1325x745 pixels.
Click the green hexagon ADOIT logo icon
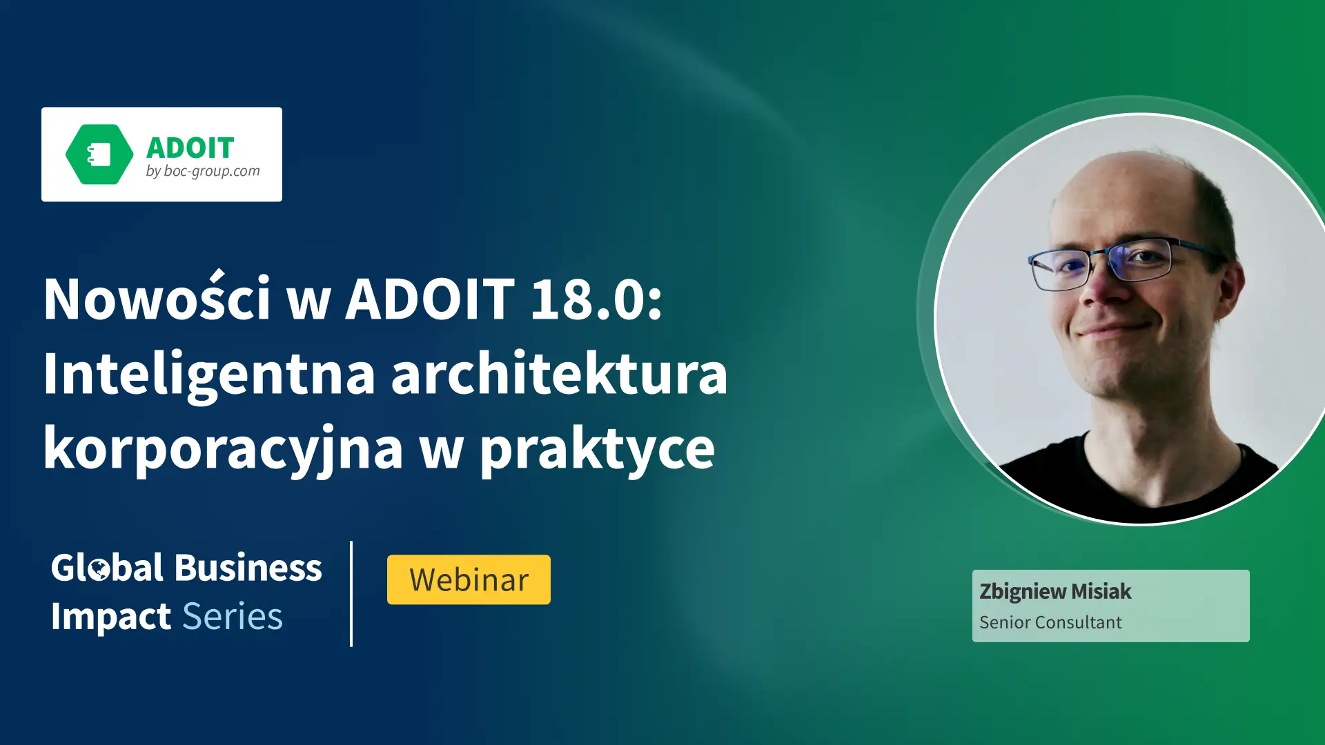point(99,155)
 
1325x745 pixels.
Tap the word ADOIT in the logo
point(190,148)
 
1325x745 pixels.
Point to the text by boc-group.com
point(203,171)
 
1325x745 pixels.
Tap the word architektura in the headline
point(560,372)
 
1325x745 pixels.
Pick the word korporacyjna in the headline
point(224,449)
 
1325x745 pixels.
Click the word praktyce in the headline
point(598,449)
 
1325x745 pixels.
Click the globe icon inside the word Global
point(100,570)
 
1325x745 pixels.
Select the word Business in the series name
point(248,568)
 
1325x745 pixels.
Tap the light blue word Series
point(233,616)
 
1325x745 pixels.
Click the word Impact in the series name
point(111,617)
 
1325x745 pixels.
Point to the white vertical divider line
point(351,594)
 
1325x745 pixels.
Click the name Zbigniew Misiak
point(1055,592)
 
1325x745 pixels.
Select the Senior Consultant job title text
point(1050,622)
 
